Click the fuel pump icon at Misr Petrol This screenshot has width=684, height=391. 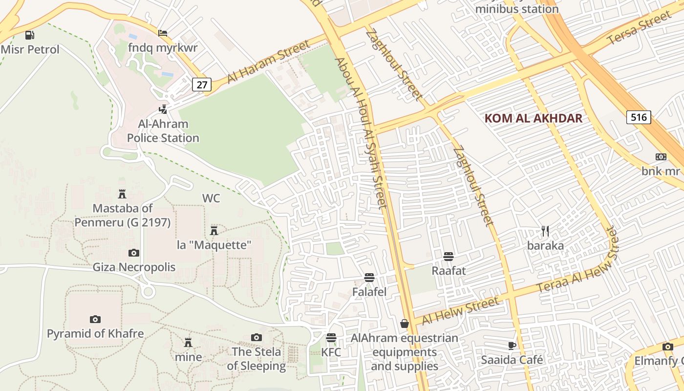[30, 35]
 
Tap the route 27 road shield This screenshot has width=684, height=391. [201, 85]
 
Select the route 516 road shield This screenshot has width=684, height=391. [639, 117]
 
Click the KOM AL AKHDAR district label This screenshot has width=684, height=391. [534, 118]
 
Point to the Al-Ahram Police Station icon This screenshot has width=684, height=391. [163, 109]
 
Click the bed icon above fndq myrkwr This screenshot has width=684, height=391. [163, 33]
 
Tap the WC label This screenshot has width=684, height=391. [211, 198]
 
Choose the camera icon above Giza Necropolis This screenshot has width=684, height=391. [133, 253]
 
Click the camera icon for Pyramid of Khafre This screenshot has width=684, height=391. [95, 319]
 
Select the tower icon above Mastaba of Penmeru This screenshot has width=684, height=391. [122, 194]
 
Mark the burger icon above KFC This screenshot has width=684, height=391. [331, 338]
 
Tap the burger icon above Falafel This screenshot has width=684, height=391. [369, 278]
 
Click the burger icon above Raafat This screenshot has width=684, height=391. [449, 256]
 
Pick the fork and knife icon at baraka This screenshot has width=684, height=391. [545, 231]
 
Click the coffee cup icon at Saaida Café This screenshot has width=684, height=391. [512, 346]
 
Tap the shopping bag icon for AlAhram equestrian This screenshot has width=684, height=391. [405, 324]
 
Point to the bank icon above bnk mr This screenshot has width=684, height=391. [661, 157]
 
